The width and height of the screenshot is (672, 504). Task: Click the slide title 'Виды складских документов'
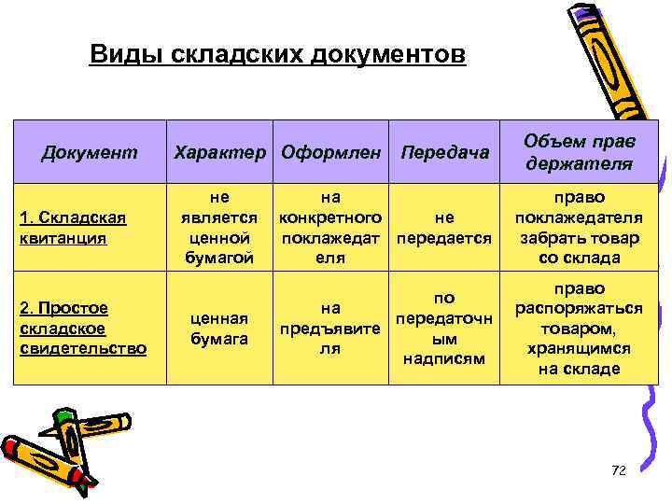pos(277,55)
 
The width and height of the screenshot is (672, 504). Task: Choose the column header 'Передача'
pos(443,151)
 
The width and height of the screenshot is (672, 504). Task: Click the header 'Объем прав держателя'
pos(578,150)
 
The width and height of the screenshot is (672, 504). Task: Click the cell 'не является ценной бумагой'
pos(218,228)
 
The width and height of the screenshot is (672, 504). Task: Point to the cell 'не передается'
pos(443,228)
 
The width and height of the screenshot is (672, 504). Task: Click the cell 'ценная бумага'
pos(218,328)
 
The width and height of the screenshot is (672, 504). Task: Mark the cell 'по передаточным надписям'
pos(443,328)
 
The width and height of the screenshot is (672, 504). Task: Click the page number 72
pos(617,469)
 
